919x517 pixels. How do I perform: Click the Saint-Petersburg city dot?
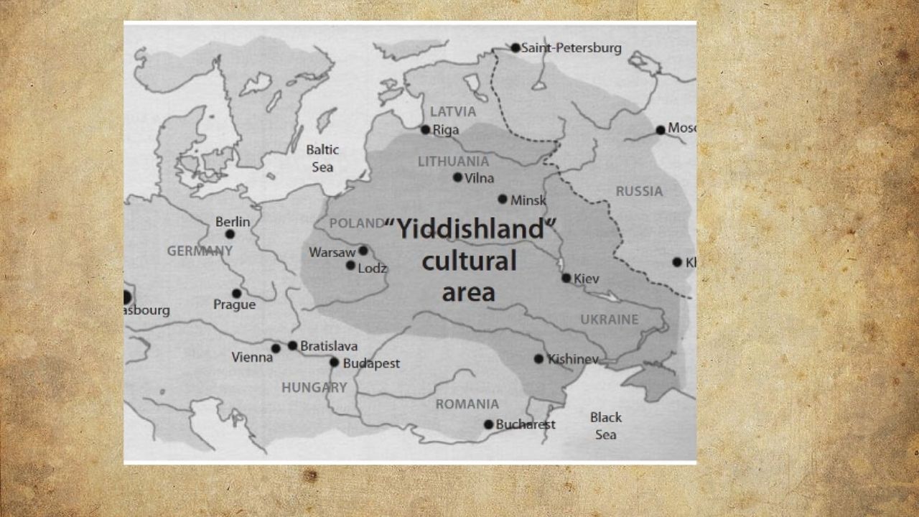[516, 48]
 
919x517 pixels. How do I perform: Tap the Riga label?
[446, 130]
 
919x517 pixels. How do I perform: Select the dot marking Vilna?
[457, 177]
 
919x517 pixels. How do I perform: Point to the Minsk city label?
[528, 200]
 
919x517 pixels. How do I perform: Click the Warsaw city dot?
[363, 251]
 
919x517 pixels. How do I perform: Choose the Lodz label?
[373, 269]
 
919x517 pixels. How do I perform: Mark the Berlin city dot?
[230, 234]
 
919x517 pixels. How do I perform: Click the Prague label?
[234, 305]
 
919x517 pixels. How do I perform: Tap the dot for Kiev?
[566, 278]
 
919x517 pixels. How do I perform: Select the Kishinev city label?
[572, 359]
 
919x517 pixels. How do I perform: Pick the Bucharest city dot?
[488, 424]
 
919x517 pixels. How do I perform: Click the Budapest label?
[371, 363]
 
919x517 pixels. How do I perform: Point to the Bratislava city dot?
[292, 345]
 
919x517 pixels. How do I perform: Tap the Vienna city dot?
[276, 348]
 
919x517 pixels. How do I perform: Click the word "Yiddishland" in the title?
[472, 230]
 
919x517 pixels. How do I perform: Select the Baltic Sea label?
[322, 158]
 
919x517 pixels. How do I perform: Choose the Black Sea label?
[606, 425]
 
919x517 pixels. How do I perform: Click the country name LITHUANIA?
[453, 162]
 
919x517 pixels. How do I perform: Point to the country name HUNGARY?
[314, 388]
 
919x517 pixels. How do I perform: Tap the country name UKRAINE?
[609, 320]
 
